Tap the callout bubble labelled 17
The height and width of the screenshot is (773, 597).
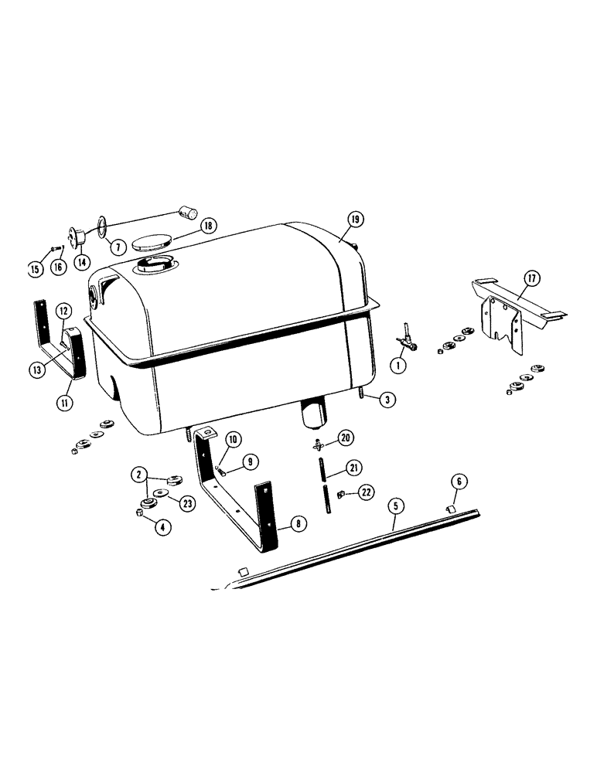coord(531,278)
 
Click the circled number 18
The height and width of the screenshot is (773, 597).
coord(207,226)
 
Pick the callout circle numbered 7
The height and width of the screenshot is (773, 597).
coord(118,247)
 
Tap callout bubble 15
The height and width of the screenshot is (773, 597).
coord(34,269)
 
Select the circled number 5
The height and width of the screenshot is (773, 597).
coord(395,507)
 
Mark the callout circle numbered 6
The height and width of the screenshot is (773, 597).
coord(458,482)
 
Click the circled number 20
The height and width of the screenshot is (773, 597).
coord(346,438)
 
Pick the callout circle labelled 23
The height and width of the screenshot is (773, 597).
coord(186,502)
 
